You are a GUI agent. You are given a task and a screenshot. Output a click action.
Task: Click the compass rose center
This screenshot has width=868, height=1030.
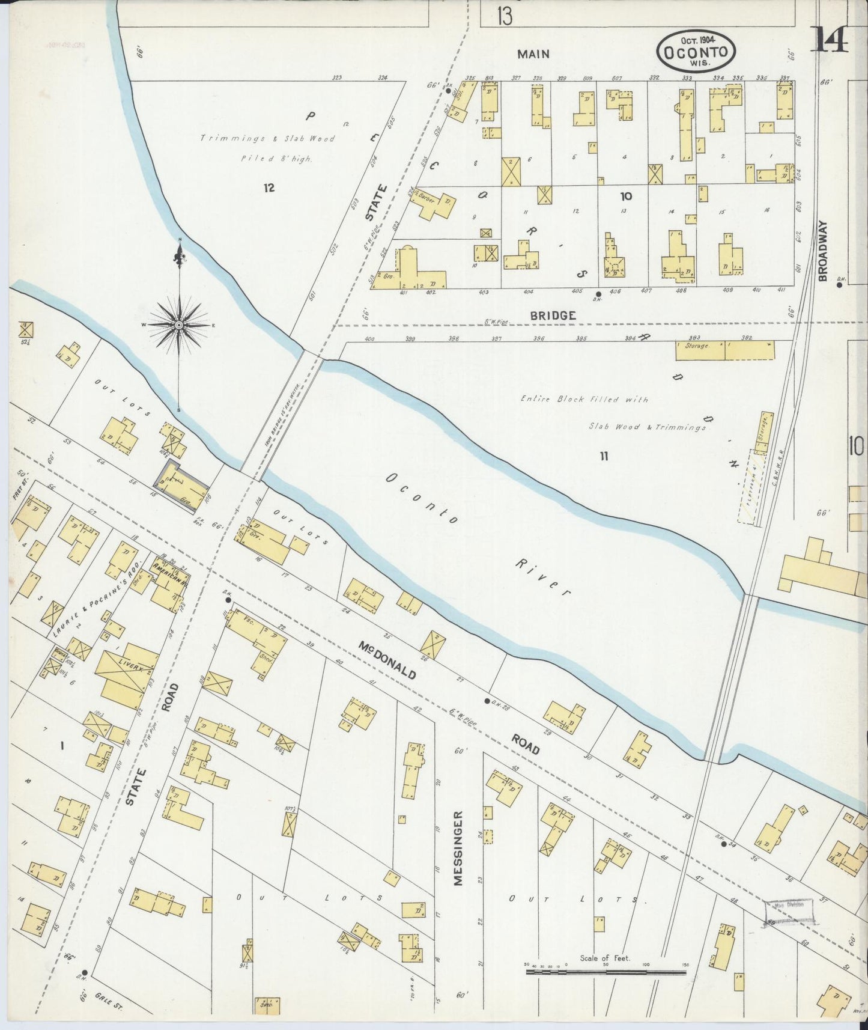pos(179,325)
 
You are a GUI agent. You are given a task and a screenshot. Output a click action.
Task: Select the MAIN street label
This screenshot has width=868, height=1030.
pos(533,54)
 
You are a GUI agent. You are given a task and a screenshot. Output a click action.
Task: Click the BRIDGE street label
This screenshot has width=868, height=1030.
pos(545,315)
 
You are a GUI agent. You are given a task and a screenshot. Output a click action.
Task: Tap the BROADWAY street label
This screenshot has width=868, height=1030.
pos(823,251)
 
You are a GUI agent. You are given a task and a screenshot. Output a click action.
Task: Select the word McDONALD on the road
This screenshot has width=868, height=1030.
pos(387,660)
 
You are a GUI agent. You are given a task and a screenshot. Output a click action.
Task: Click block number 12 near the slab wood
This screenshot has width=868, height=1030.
pos(268,188)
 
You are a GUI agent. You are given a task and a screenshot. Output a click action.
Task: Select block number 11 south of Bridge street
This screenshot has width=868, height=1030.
pos(603,457)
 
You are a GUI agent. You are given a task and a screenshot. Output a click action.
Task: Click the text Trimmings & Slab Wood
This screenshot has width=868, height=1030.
pos(267,139)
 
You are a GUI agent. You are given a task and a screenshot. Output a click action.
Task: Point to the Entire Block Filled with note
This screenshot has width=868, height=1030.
pos(584,399)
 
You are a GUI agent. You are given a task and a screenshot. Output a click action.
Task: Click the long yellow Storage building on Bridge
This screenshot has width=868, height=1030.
pos(724,350)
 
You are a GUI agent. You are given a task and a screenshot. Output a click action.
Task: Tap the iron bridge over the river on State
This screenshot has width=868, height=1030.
pos(281,415)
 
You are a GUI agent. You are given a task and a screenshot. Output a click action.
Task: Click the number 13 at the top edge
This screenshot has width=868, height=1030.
pos(505,17)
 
